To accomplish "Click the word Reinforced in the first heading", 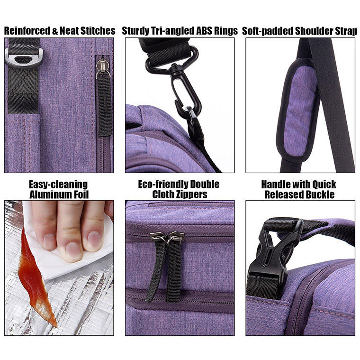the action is click(x=27, y=31).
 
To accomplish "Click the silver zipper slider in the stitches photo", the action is click(x=102, y=68).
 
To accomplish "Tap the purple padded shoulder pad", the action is click(x=298, y=111).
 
